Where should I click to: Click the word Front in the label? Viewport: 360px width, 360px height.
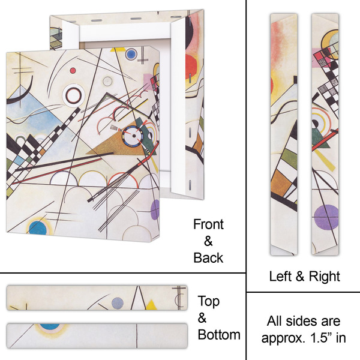click(x=208, y=224)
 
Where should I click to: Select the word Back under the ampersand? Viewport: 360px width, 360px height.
click(x=208, y=258)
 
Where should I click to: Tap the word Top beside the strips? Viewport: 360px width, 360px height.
click(x=209, y=301)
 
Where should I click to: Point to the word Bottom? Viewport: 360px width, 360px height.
click(x=219, y=335)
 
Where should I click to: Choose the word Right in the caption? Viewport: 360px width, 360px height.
click(x=325, y=276)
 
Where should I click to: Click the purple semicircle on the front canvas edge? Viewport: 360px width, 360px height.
click(x=156, y=209)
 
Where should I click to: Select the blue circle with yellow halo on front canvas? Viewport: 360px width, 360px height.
click(x=39, y=228)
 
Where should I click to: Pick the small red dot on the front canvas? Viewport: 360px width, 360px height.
click(x=73, y=70)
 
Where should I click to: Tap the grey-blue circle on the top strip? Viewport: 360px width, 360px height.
click(x=118, y=302)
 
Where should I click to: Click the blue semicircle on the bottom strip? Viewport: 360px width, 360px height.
click(x=50, y=326)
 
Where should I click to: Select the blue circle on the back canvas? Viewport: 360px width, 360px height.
click(x=131, y=55)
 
